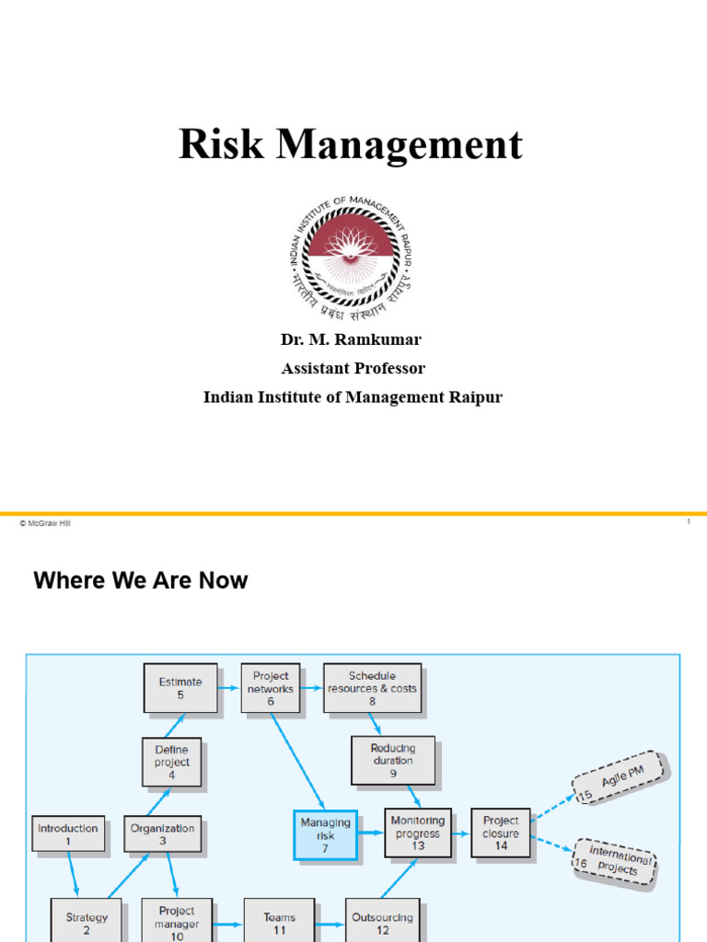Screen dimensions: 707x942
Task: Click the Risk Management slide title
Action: tap(351, 144)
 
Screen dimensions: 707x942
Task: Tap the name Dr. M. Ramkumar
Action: tap(351, 339)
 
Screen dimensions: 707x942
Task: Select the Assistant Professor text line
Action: tap(353, 368)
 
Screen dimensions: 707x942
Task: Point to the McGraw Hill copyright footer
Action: tap(44, 523)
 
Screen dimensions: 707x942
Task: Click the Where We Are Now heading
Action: tap(141, 580)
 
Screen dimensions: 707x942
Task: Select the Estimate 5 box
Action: tap(180, 688)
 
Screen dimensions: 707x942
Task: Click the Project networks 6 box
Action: tap(271, 688)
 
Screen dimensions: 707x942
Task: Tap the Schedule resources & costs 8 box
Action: tap(372, 688)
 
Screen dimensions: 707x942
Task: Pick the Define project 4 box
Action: tap(172, 763)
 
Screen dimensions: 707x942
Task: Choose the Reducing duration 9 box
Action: tap(392, 761)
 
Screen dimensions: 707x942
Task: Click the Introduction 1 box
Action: tap(67, 834)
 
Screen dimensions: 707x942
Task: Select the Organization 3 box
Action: tap(162, 834)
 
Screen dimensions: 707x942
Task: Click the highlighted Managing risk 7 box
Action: tap(325, 834)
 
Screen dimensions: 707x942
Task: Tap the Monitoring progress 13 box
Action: tap(418, 833)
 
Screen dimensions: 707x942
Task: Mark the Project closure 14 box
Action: tap(501, 833)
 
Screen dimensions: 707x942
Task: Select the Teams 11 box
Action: tap(279, 923)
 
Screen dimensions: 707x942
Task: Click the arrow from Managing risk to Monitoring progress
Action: tap(370, 833)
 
